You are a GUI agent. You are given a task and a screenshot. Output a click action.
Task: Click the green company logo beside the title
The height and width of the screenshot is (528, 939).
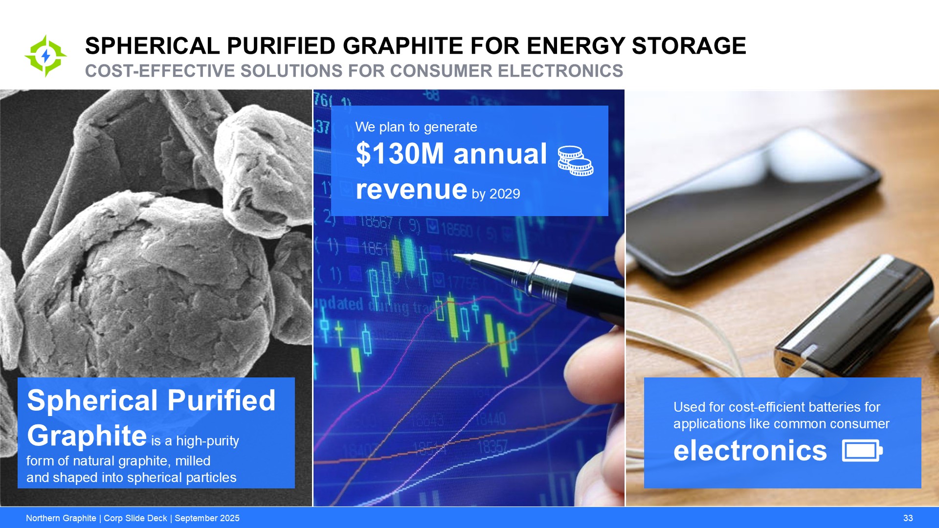pos(45,56)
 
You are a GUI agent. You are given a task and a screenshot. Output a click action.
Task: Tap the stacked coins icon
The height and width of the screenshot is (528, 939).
pos(576,161)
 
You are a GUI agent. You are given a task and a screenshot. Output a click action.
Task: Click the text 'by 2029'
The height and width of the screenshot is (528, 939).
pos(495,194)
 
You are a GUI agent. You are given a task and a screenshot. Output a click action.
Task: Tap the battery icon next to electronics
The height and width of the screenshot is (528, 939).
pos(862,450)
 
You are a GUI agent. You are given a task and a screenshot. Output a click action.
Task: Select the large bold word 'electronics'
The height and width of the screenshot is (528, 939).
pos(750,450)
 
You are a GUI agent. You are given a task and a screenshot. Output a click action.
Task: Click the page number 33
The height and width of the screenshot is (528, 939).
pos(908,518)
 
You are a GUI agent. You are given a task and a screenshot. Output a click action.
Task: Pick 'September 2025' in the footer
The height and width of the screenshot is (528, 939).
pos(207,518)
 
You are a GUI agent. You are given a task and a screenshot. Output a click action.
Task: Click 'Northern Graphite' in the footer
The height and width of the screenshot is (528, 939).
pos(61,518)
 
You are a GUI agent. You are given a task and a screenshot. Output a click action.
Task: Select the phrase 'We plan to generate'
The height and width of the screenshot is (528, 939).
pos(416,127)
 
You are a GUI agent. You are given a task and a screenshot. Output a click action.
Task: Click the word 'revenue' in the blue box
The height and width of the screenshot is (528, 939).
pos(411,189)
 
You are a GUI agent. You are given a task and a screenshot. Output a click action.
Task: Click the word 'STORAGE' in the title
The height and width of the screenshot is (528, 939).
pos(689,46)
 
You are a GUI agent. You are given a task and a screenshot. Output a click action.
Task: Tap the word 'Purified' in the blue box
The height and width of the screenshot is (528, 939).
pos(222,401)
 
